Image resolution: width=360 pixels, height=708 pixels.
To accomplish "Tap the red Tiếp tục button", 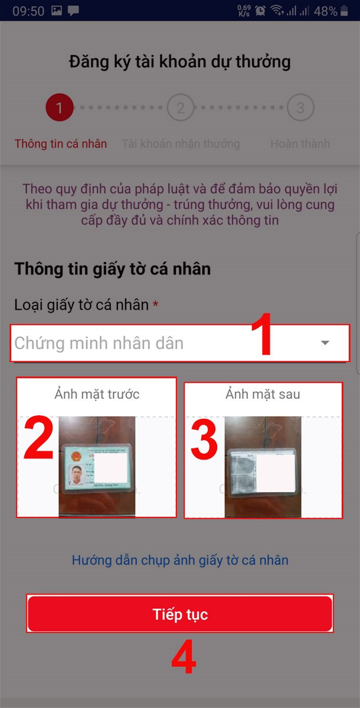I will (x=180, y=614).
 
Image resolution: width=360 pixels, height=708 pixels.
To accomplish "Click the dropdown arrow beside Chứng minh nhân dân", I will (x=325, y=343).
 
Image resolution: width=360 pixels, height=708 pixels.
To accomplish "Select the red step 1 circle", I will (x=59, y=108).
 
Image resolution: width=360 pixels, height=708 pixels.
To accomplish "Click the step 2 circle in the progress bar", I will (x=180, y=108).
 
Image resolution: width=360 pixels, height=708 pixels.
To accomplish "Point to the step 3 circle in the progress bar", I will (x=300, y=108).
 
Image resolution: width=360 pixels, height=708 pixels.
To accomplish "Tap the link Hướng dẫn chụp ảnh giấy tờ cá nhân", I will (x=180, y=560).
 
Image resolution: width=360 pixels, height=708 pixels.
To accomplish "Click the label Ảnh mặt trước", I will (x=97, y=394).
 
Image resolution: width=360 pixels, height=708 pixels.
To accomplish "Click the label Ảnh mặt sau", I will (x=263, y=394).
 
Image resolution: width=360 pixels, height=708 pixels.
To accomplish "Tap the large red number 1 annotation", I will (x=261, y=337).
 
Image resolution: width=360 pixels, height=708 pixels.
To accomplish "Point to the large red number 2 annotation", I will (x=39, y=438).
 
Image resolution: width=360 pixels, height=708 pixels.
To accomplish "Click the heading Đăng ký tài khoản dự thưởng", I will (x=180, y=62).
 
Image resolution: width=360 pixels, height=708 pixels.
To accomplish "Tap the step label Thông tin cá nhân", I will (x=61, y=144).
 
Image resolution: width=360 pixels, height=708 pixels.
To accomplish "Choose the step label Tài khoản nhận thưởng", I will (x=181, y=144).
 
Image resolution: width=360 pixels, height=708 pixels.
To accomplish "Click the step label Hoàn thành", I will (x=300, y=144).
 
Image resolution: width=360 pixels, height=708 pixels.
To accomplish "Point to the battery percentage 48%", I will (x=326, y=11).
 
